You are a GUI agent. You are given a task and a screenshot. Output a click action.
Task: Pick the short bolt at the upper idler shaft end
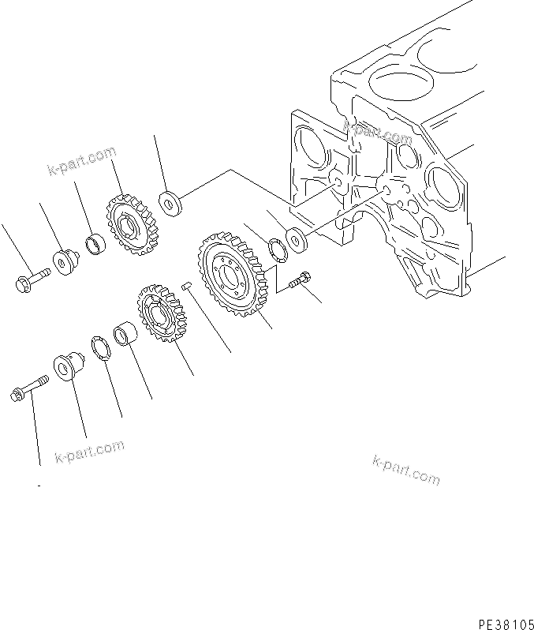pyautogui.click(x=29, y=278)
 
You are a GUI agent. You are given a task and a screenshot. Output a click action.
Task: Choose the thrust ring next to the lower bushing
pyautogui.click(x=103, y=348)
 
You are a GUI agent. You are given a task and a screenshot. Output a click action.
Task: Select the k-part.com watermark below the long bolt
pyautogui.click(x=90, y=452)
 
